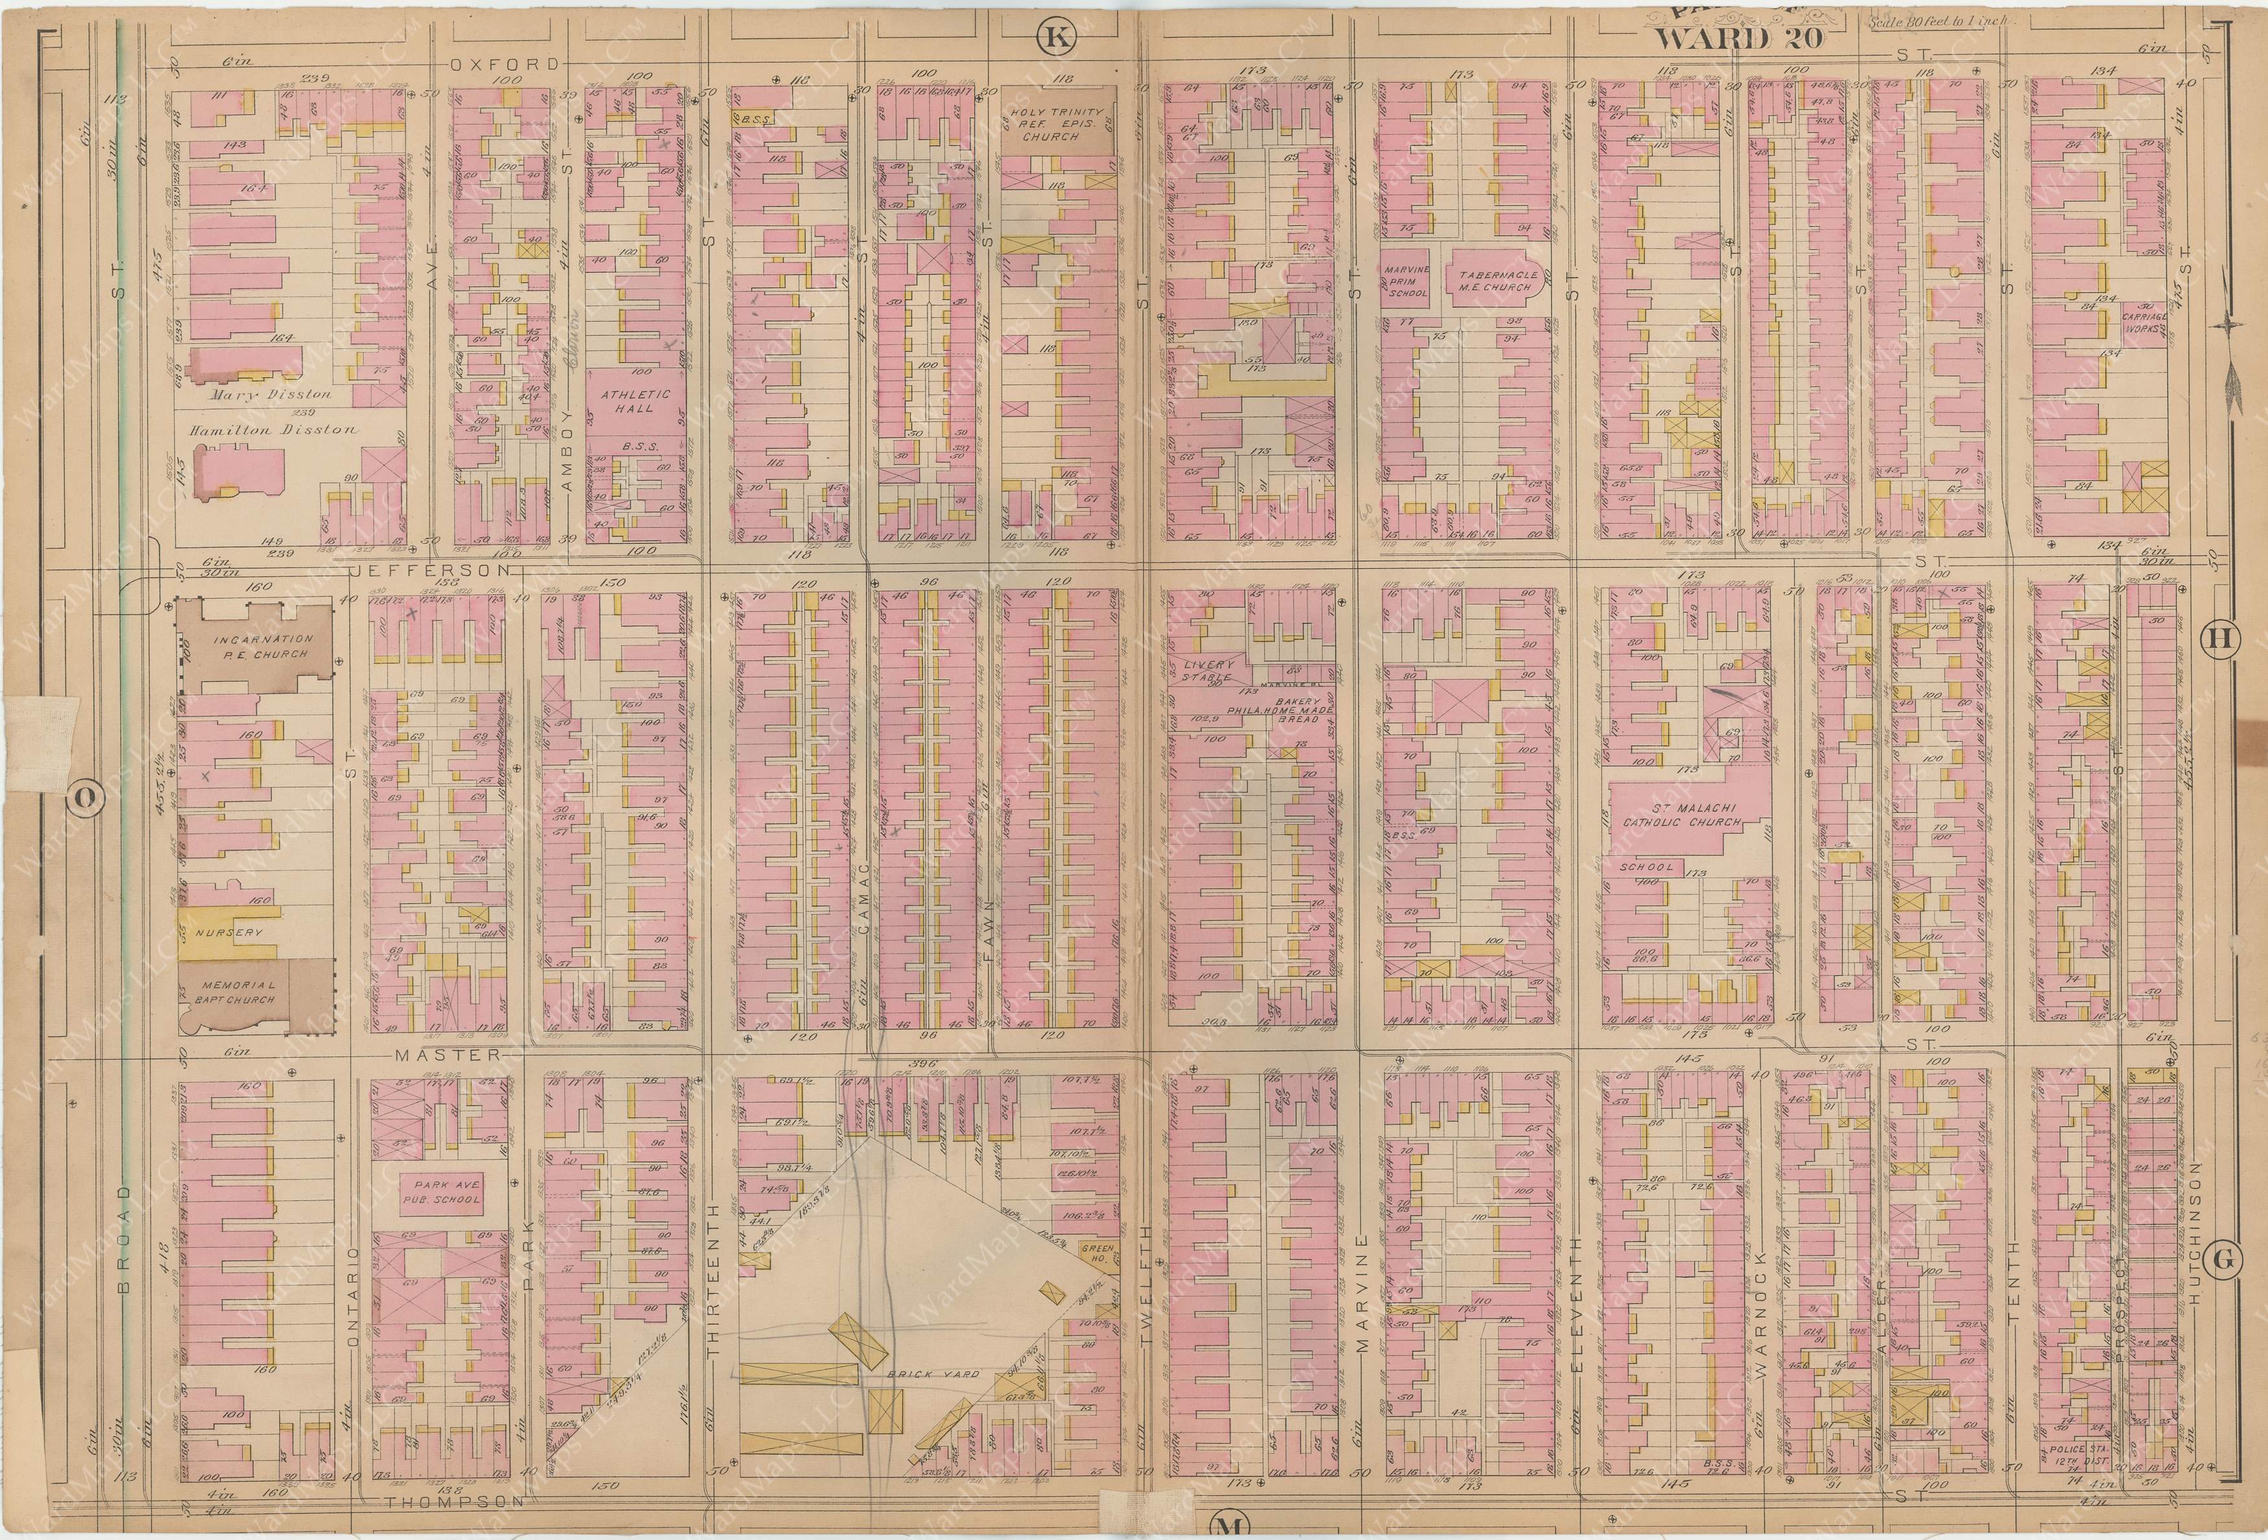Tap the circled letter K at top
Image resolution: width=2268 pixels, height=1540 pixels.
pyautogui.click(x=1052, y=38)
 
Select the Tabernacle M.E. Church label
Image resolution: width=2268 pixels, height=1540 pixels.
pyautogui.click(x=1499, y=282)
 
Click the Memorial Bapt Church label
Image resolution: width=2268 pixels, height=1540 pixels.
pyautogui.click(x=235, y=992)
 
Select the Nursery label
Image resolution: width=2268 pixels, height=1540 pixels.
pyautogui.click(x=228, y=932)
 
